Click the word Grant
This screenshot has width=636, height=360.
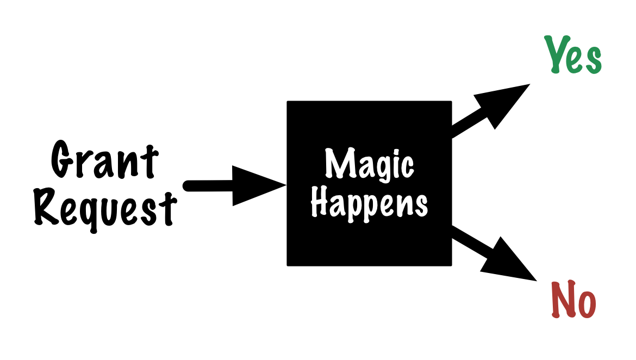coord(104,160)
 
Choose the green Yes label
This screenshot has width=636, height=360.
coord(573,55)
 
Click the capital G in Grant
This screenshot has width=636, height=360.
coord(63,160)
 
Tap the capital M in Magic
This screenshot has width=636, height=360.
coord(338,163)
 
